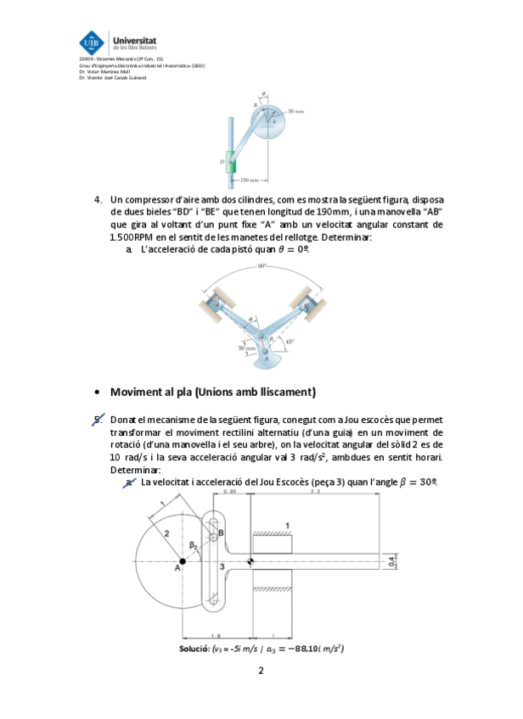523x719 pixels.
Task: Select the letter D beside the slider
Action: [x=222, y=159]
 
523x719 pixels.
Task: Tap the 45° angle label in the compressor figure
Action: [x=290, y=342]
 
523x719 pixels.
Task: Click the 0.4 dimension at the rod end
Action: [x=391, y=561]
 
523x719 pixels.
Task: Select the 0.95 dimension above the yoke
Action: [x=229, y=491]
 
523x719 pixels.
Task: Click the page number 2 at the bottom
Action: [x=261, y=672]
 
